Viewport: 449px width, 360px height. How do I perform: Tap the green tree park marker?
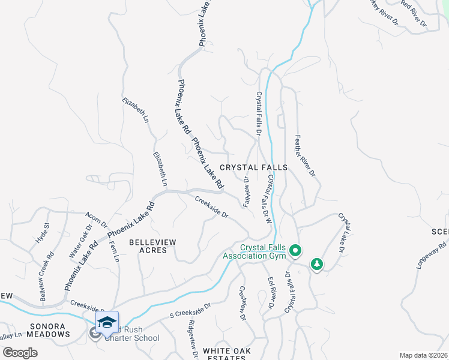[316, 264]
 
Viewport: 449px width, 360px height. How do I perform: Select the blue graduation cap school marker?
[106, 323]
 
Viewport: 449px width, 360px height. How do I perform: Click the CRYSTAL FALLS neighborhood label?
[253, 167]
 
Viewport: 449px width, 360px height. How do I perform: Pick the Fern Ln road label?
[113, 250]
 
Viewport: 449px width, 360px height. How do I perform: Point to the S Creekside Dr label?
[190, 310]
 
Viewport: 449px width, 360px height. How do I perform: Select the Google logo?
[20, 353]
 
